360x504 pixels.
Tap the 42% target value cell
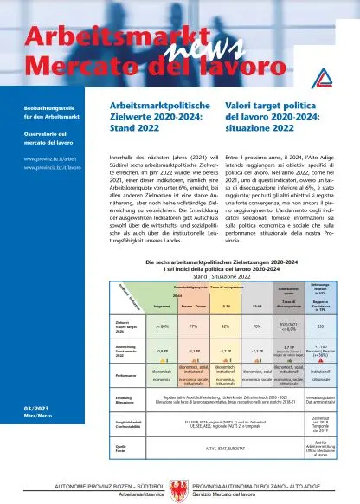point(225,326)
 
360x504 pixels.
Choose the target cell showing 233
point(332,326)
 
